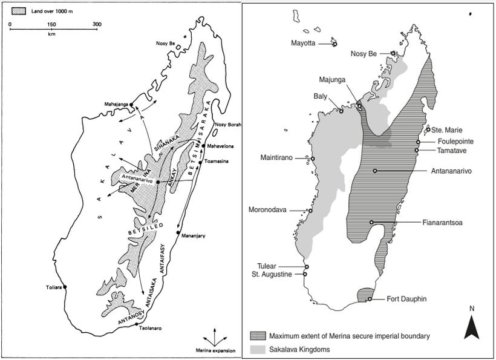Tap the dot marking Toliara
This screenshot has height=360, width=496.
pyautogui.click(x=65, y=287)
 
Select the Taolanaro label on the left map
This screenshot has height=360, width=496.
pyautogui.click(x=152, y=328)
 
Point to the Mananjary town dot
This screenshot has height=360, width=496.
pyautogui.click(x=177, y=233)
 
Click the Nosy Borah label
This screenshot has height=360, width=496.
pyautogui.click(x=227, y=125)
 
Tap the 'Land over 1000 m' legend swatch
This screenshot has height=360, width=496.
pyautogui.click(x=18, y=10)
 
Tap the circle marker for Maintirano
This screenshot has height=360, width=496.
pyautogui.click(x=313, y=159)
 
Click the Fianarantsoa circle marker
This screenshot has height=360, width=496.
pyautogui.click(x=372, y=222)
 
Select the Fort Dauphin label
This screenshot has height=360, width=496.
pyautogui.click(x=407, y=299)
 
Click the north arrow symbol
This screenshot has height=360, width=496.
pyautogui.click(x=472, y=327)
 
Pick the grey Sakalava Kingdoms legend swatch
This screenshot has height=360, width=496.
pyautogui.click(x=258, y=349)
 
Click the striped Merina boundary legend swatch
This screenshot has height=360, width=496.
pyautogui.click(x=258, y=335)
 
